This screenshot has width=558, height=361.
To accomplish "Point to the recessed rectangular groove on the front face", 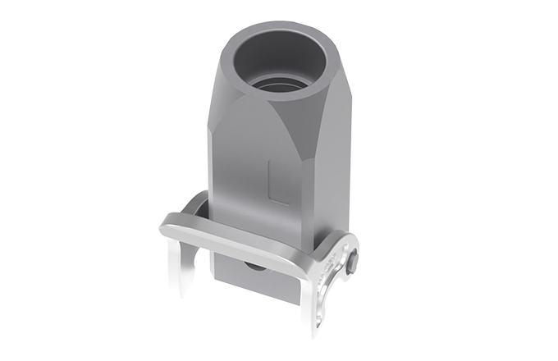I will click(x=277, y=182).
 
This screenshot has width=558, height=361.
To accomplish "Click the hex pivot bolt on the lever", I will click(x=352, y=262).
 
